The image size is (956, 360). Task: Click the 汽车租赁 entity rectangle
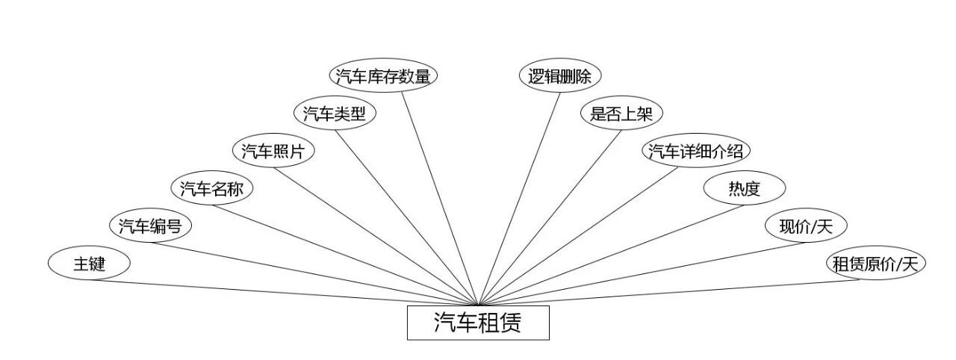pos(478,323)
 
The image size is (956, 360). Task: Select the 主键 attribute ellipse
pos(89,264)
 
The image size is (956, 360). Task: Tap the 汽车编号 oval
pos(150,226)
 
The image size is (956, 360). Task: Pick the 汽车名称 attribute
pos(212,188)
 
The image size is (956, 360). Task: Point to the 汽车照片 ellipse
pos(273,151)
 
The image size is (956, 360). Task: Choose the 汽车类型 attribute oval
pos(335,114)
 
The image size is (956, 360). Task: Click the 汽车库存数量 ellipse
pos(383,76)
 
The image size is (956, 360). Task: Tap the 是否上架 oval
pos(621,114)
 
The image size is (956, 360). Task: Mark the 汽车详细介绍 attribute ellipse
pos(696,151)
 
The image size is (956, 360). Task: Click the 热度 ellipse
pos(745,188)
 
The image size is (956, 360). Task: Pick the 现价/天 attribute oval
pos(806,226)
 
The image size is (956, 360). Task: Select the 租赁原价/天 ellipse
pos(875,264)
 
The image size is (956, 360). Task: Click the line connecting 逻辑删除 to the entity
pos(519,198)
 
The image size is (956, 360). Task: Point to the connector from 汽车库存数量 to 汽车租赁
pos(441,198)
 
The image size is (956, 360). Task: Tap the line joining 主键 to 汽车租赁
pos(284,292)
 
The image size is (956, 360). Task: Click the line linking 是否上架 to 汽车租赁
pos(549,217)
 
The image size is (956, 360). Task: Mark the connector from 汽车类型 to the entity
pos(407,217)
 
